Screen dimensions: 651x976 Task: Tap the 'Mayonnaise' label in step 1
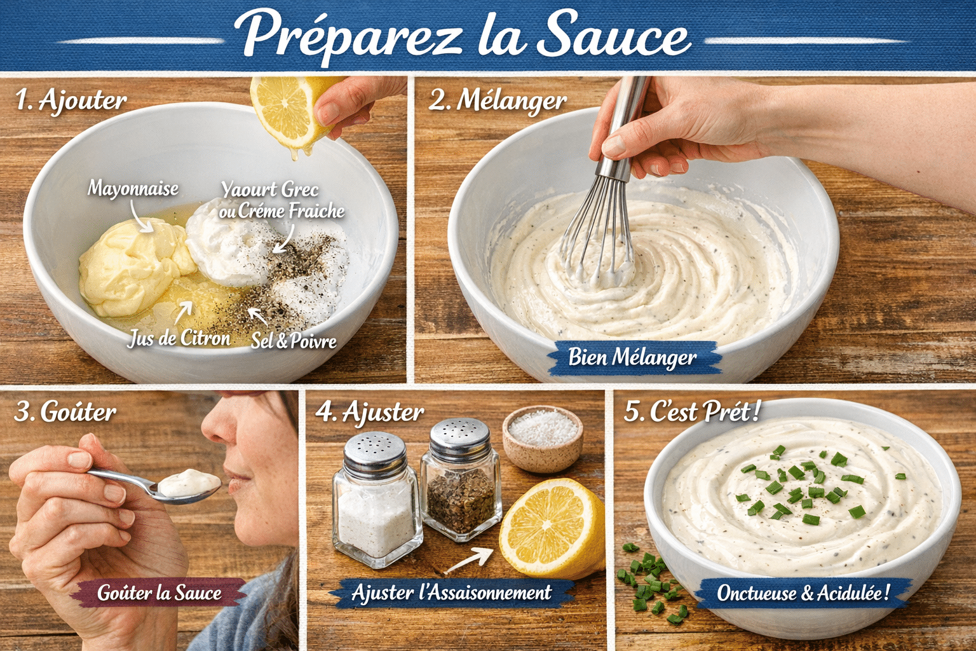click(133, 188)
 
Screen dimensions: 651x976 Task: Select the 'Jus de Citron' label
click(179, 338)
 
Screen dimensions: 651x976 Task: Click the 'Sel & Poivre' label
click(294, 341)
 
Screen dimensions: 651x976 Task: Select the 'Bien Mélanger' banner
click(632, 357)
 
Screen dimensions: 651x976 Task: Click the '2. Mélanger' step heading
click(498, 100)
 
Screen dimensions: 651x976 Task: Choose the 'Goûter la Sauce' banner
click(159, 593)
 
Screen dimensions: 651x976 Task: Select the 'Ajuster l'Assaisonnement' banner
click(451, 593)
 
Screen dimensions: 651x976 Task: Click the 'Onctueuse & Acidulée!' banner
click(803, 593)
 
